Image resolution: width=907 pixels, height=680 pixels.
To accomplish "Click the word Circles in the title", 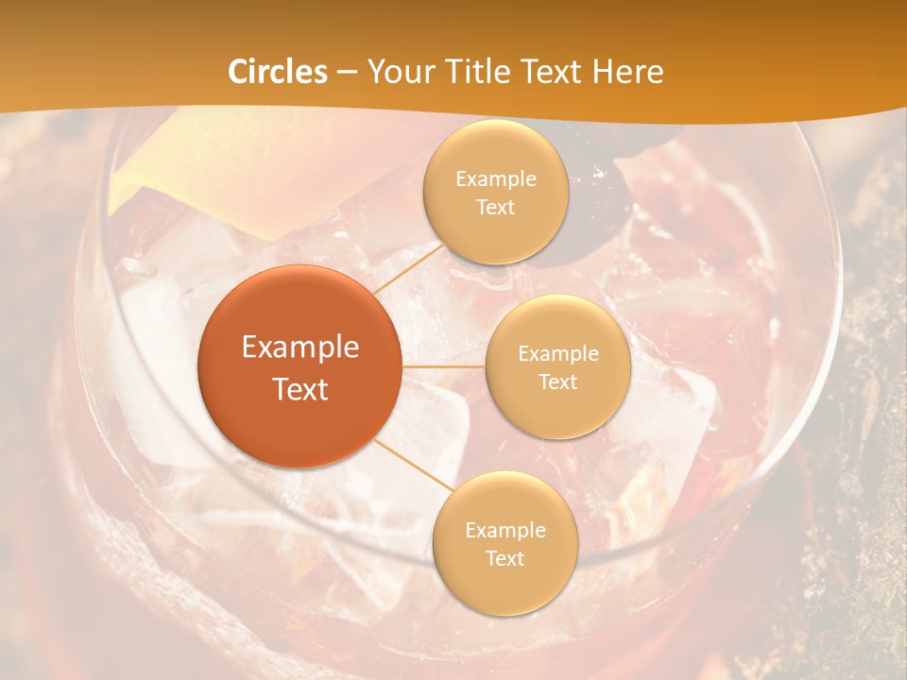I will pos(278,72).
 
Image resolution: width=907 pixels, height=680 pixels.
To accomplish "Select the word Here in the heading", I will pos(628,72).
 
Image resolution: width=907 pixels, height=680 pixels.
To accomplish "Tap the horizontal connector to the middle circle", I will pos(444,366).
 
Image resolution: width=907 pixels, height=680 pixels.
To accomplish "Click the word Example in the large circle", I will pos(300,348).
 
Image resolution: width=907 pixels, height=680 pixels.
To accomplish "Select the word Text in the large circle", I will pos(300,389).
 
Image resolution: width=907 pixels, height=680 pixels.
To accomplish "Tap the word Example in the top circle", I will pos(496,178).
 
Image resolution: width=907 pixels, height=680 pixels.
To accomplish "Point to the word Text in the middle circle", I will pos(557,382).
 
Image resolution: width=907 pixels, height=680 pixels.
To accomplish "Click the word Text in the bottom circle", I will pos(505,558).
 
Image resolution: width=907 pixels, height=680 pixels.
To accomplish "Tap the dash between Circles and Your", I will pos(347,72).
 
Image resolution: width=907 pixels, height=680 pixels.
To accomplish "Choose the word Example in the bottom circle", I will pos(505,530).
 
